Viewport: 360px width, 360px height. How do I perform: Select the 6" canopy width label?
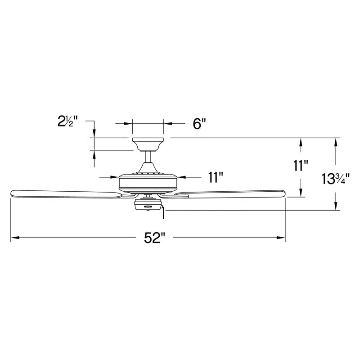click(x=199, y=123)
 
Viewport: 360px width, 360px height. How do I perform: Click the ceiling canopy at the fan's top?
click(x=148, y=144)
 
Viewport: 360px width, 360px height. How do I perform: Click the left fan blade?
click(x=65, y=193)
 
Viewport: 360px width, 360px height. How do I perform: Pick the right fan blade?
click(x=229, y=193)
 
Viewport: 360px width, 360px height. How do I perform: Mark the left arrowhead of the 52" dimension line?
click(x=13, y=238)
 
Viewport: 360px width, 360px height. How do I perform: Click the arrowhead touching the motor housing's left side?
click(x=114, y=177)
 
